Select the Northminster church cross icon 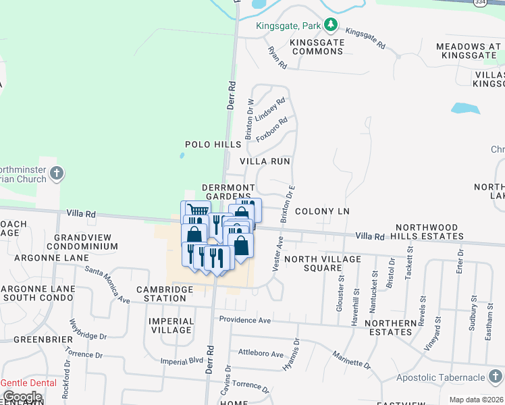click(57, 173)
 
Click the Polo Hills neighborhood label click(213, 144)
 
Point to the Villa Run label click(265, 161)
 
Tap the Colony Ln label click(321, 211)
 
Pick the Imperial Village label click(171, 325)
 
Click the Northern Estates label click(388, 327)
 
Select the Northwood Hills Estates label click(429, 232)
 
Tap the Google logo click(22, 396)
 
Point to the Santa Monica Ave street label click(107, 283)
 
